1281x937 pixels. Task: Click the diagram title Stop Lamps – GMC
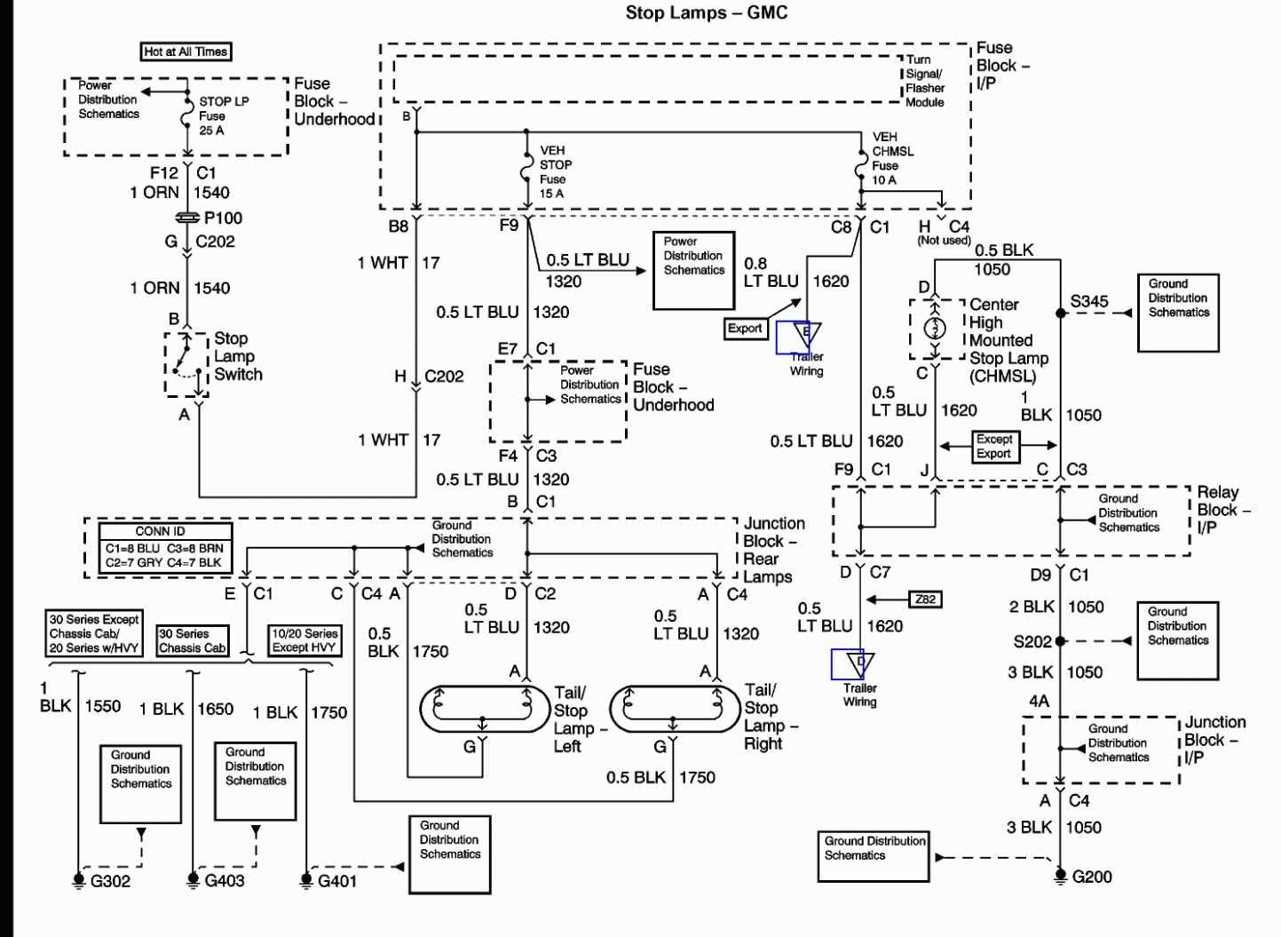point(706,12)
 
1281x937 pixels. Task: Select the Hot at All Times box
point(186,52)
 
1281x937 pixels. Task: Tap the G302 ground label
point(110,881)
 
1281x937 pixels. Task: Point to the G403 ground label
point(224,880)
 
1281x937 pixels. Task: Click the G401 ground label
point(336,881)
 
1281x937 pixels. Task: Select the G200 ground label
point(1091,877)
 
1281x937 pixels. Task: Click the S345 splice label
point(1089,301)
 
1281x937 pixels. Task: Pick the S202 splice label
point(1032,641)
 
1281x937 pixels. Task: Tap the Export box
point(745,329)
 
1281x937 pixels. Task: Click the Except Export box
point(993,446)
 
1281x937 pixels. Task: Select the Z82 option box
point(925,600)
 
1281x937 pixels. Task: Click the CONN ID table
point(164,547)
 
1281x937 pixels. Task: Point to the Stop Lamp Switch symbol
point(186,362)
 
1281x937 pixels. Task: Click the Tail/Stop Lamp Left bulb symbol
point(484,708)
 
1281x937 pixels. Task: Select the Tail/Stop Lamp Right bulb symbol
point(674,708)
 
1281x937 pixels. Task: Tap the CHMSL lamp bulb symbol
point(935,329)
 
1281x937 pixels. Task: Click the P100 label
point(223,218)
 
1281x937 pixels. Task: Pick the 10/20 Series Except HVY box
point(304,640)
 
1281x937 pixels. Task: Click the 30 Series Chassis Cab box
point(192,640)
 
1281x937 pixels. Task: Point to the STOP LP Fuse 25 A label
point(223,115)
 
